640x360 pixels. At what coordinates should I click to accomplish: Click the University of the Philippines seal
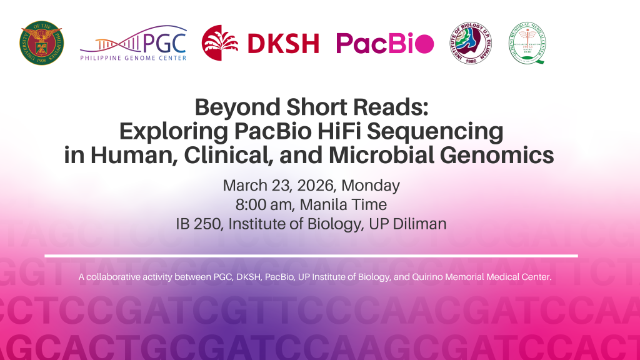pyautogui.click(x=41, y=43)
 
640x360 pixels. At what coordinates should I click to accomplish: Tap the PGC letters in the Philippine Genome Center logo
pyautogui.click(x=165, y=41)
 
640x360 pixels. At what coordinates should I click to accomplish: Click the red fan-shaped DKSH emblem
pyautogui.click(x=219, y=43)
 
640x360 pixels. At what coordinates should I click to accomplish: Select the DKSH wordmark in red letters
pyautogui.click(x=283, y=44)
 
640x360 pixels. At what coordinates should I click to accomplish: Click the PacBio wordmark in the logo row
pyautogui.click(x=384, y=43)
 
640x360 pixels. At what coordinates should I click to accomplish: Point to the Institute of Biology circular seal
pyautogui.click(x=471, y=43)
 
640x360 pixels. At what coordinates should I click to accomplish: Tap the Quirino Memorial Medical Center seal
pyautogui.click(x=527, y=43)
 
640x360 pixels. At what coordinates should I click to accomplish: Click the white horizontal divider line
pyautogui.click(x=311, y=256)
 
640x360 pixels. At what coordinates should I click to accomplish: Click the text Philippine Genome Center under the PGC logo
pyautogui.click(x=133, y=59)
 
